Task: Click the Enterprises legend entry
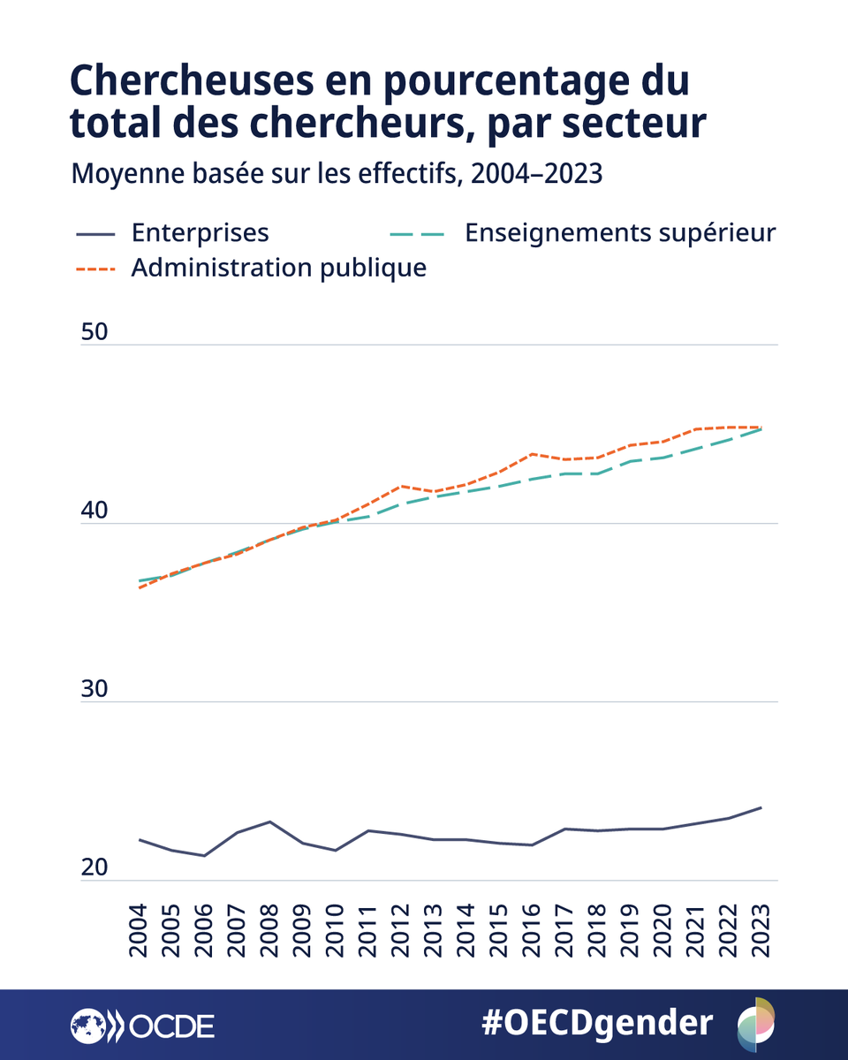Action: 200,232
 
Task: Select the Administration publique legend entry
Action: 278,268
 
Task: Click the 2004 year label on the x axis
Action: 140,931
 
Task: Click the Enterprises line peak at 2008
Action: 270,821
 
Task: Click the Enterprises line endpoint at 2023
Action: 761,807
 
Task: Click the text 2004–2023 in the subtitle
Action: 536,174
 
